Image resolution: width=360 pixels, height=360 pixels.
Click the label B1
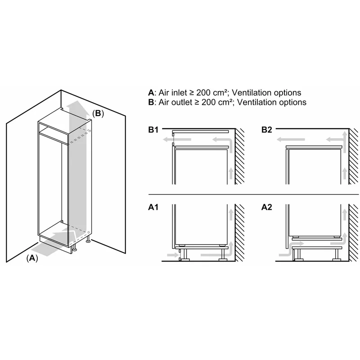click(153, 130)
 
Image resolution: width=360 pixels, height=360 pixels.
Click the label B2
click(267, 130)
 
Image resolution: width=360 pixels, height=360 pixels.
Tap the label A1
click(153, 207)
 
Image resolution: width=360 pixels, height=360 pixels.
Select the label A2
click(267, 207)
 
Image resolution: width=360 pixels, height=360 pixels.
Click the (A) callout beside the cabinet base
click(32, 258)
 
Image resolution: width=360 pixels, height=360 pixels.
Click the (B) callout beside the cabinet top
click(98, 113)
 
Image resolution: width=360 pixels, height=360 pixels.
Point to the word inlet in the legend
click(179, 93)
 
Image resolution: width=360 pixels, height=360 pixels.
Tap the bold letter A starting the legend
click(151, 93)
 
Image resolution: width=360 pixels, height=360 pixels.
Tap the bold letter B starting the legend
click(151, 102)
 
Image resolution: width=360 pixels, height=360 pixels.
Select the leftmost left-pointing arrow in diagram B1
click(177, 139)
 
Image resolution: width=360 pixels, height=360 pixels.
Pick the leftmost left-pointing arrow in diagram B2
click(291, 139)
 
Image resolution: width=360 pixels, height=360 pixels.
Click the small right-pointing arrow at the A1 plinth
click(173, 255)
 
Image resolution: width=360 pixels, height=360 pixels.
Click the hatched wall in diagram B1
click(240, 156)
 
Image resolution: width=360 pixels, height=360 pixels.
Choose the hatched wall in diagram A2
click(353, 233)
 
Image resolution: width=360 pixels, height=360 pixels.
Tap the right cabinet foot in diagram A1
click(222, 254)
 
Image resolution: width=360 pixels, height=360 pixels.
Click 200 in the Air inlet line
click(203, 93)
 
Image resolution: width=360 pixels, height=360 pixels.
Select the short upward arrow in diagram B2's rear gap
click(344, 174)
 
